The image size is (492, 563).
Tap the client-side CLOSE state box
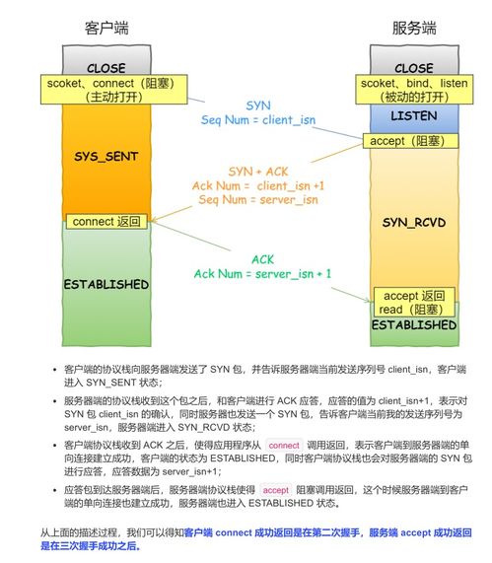(105, 68)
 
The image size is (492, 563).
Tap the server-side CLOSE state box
(413, 68)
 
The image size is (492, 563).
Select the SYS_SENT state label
(105, 157)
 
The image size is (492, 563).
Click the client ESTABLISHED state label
(105, 284)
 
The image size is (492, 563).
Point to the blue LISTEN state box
(413, 115)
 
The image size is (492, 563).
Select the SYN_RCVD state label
(413, 224)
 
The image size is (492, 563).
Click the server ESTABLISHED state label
(413, 323)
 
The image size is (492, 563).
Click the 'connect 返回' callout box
(106, 221)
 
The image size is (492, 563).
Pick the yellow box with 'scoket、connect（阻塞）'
(105, 91)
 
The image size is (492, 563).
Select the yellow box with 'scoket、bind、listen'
(413, 91)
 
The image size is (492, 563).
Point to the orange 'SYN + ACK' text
(259, 170)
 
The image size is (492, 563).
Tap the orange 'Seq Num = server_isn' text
(258, 199)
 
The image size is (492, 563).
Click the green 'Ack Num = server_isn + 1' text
(262, 272)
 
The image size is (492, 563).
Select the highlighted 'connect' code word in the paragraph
(284, 446)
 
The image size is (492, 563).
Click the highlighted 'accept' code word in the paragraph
(276, 489)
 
